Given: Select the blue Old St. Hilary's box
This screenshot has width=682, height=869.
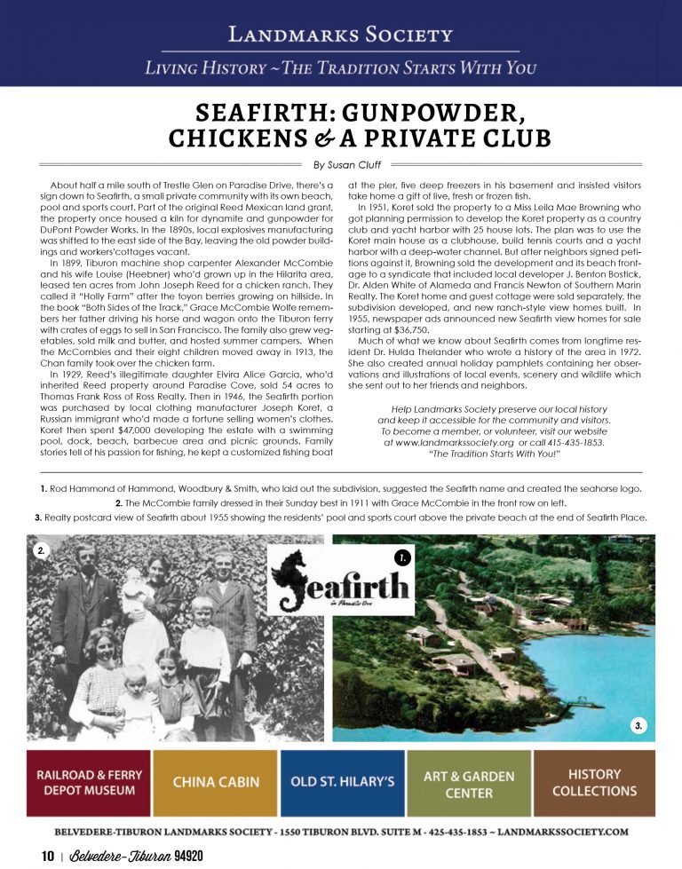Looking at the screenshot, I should pyautogui.click(x=342, y=782).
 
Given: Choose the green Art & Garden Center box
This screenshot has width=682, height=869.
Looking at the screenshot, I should pyautogui.click(x=468, y=782).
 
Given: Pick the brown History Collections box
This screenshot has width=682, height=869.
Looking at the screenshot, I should pyautogui.click(x=595, y=782).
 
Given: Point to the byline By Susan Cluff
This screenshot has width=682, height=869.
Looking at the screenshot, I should pyautogui.click(x=341, y=165).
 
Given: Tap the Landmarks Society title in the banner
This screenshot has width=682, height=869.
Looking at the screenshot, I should pyautogui.click(x=340, y=36).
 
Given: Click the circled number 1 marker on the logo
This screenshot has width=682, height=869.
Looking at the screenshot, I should pyautogui.click(x=402, y=557).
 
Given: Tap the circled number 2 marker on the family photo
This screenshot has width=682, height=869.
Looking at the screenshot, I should pyautogui.click(x=40, y=551).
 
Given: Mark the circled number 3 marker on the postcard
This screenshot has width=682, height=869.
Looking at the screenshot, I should pyautogui.click(x=638, y=726).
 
